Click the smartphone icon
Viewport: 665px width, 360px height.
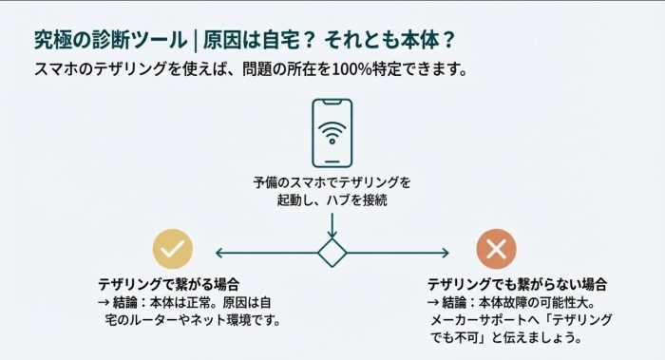pos(332,133)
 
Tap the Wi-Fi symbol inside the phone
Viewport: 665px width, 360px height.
pos(332,131)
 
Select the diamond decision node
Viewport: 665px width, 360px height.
pos(332,253)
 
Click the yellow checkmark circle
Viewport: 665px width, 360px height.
pos(173,250)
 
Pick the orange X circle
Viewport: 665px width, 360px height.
pos(496,250)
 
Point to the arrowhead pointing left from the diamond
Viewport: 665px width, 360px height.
pos(220,253)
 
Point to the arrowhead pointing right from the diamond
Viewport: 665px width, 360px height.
pos(445,253)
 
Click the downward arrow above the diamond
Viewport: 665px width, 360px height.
pos(332,228)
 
